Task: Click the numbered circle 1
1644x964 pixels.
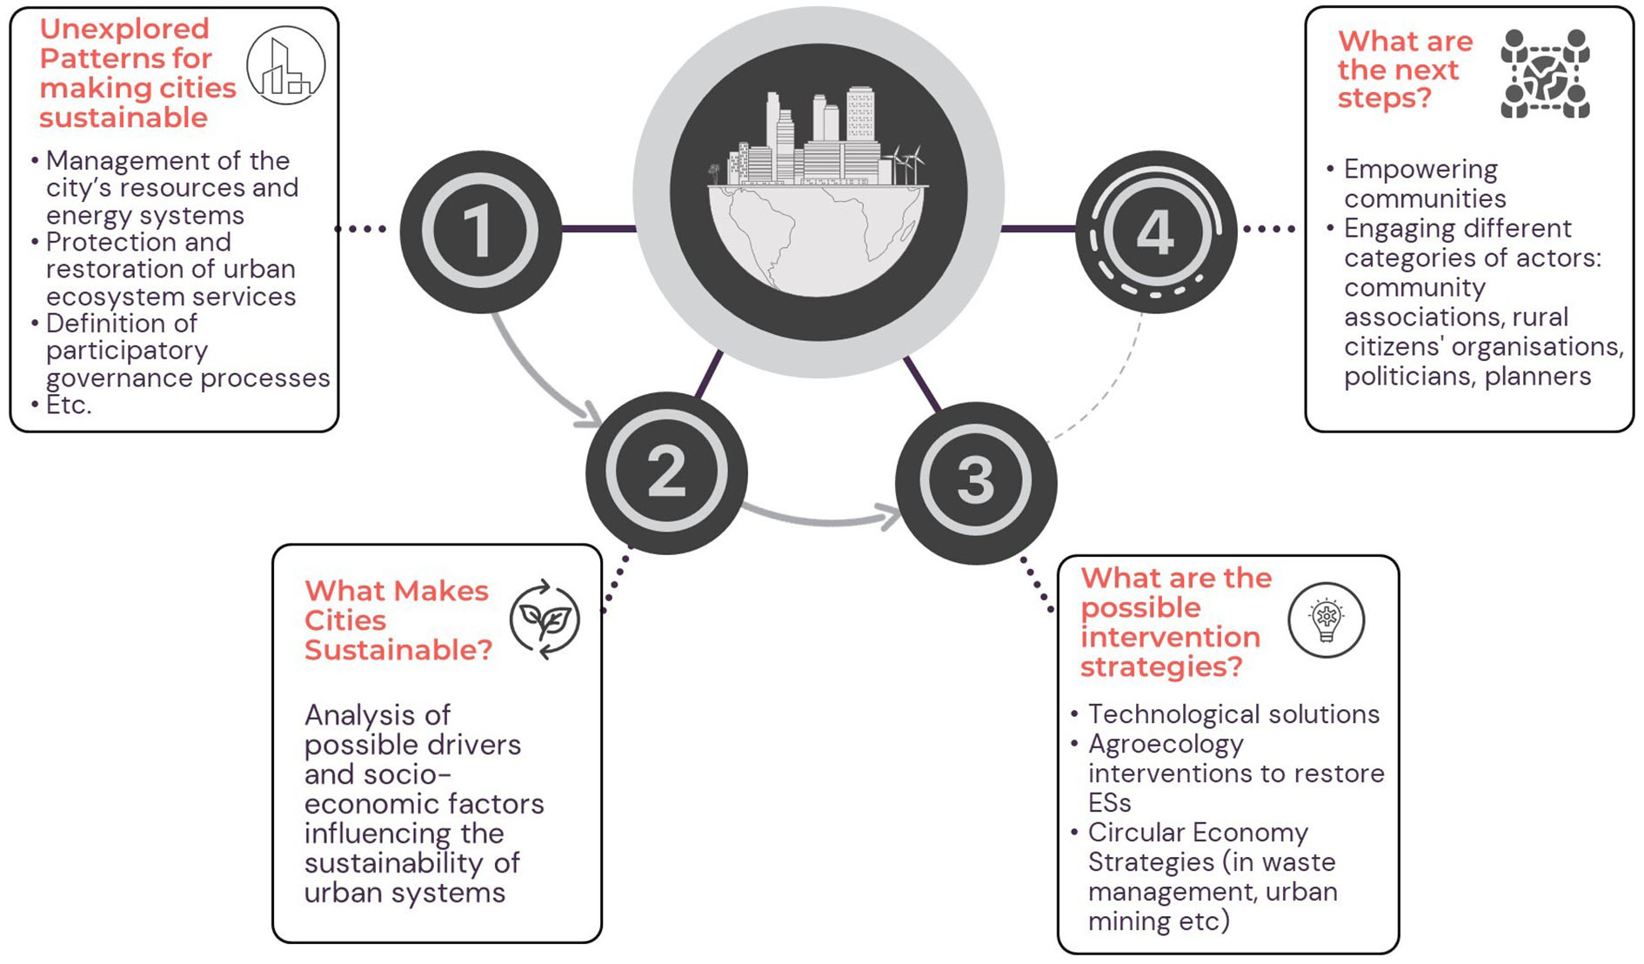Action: tap(479, 231)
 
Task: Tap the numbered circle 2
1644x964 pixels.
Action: tap(666, 472)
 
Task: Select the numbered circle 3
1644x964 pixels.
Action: tap(976, 482)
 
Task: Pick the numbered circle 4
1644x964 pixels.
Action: tap(1155, 232)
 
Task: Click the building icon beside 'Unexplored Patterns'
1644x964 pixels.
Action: tap(285, 66)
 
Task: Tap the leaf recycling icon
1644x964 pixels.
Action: tap(545, 619)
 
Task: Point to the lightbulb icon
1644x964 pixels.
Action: tap(1326, 620)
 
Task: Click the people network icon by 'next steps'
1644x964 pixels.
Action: tap(1545, 74)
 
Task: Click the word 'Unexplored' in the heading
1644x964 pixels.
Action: tap(124, 29)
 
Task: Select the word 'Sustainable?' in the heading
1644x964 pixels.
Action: tap(398, 650)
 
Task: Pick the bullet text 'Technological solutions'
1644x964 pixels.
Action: tap(1233, 714)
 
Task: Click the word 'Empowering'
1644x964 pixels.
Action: tap(1420, 169)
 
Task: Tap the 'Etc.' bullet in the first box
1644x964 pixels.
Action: tap(69, 405)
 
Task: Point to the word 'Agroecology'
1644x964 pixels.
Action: tap(1166, 744)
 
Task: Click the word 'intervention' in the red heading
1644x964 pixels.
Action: tap(1170, 637)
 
